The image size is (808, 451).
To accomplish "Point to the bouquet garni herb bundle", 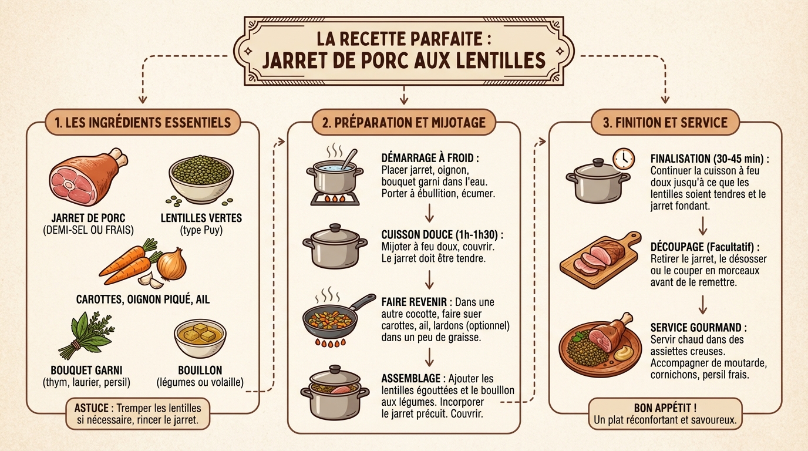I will click(x=89, y=335).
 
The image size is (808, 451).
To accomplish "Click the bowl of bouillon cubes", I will click(x=200, y=337).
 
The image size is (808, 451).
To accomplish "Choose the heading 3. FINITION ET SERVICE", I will click(x=665, y=122).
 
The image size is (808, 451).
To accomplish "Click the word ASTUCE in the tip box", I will click(x=93, y=408).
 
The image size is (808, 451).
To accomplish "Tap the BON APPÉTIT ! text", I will click(x=665, y=408).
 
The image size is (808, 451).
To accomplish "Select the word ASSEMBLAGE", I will click(x=412, y=378).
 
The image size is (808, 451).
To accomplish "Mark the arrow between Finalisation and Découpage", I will click(x=702, y=225).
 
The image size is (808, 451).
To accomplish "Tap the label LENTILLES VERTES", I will click(x=201, y=218).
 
